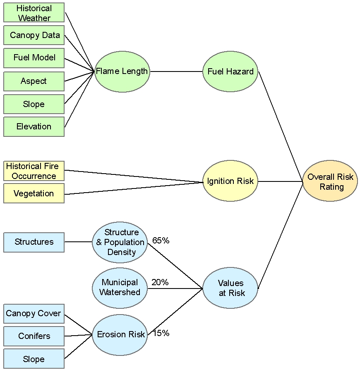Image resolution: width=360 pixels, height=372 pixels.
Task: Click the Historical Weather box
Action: point(34,13)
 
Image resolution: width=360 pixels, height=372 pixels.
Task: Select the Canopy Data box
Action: point(34,36)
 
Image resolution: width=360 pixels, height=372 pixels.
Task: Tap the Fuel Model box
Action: point(34,58)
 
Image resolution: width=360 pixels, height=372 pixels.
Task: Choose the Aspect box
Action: point(34,81)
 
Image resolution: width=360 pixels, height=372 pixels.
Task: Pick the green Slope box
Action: point(34,104)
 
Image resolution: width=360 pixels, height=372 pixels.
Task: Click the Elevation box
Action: point(34,126)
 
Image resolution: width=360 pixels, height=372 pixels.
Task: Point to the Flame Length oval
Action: point(122,72)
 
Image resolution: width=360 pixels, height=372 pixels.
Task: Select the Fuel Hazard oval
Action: point(230,72)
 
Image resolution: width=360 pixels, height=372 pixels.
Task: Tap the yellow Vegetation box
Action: point(34,193)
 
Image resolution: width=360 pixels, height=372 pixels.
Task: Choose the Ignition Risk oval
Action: point(230,181)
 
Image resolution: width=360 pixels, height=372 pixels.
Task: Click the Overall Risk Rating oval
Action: point(330,181)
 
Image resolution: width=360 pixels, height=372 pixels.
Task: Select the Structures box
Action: point(34,242)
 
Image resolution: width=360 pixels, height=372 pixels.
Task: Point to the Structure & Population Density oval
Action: point(120,242)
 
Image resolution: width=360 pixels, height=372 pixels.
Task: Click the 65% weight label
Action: point(161,241)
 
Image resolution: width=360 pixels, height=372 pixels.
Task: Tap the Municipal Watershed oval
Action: point(120,288)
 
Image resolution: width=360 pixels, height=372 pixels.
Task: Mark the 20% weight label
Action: point(160,282)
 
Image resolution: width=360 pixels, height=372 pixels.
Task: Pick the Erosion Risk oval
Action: point(120,334)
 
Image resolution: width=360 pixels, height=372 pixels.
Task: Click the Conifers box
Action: point(34,336)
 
